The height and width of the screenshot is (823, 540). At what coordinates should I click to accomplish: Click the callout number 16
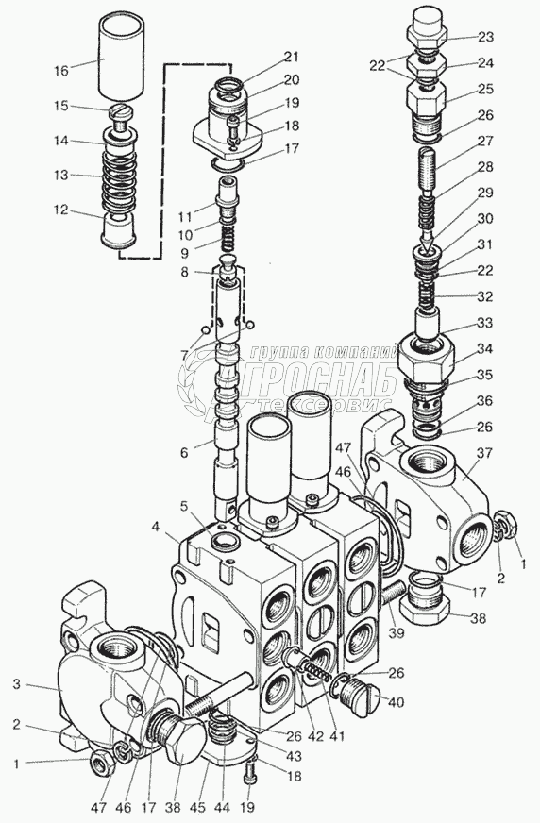(x=61, y=70)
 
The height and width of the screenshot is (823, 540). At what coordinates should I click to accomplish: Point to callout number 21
(x=292, y=57)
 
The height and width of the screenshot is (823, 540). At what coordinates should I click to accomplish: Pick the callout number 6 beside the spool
(x=184, y=452)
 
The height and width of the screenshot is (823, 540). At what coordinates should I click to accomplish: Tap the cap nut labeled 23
(x=429, y=28)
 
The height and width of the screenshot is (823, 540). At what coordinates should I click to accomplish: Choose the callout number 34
(x=485, y=348)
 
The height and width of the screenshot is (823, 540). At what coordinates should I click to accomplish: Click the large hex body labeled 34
(x=425, y=361)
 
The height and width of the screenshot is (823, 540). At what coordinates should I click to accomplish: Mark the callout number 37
(x=484, y=452)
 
